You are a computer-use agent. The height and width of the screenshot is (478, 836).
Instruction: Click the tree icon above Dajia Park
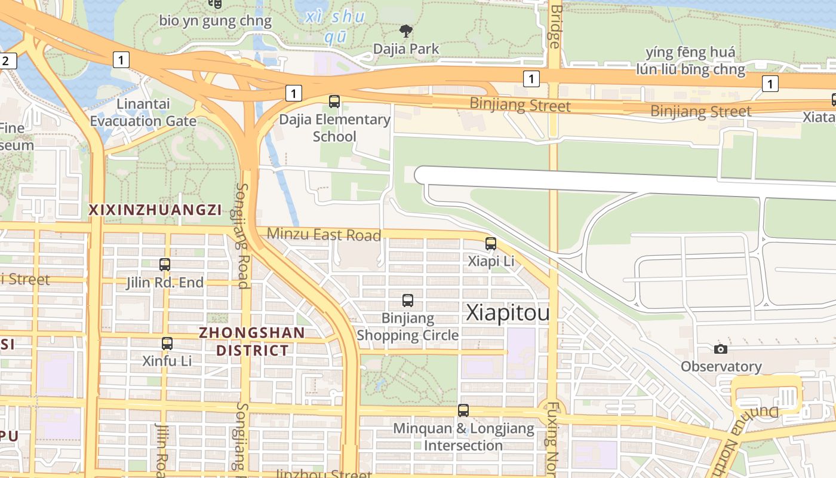tap(406, 30)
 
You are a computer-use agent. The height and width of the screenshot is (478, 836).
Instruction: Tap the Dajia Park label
tap(406, 49)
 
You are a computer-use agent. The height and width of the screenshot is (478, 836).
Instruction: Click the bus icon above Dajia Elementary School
tap(334, 102)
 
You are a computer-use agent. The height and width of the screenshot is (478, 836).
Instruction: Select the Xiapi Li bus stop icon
tap(491, 243)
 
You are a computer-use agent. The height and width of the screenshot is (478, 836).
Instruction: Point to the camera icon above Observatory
tap(721, 348)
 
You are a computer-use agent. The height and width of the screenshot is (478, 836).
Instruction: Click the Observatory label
tap(721, 366)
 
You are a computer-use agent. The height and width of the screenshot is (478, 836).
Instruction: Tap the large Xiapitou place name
tap(507, 313)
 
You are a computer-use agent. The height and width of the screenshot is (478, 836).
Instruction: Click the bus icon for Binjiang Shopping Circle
tap(408, 301)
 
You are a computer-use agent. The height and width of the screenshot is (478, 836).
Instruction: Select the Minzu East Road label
tap(324, 234)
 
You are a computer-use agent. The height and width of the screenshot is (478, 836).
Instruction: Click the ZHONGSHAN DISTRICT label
tap(252, 341)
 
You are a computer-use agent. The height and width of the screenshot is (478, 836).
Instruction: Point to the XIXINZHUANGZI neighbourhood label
tap(155, 210)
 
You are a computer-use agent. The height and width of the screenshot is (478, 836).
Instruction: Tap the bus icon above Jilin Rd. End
tap(165, 264)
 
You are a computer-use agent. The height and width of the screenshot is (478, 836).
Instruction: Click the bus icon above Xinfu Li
tap(167, 343)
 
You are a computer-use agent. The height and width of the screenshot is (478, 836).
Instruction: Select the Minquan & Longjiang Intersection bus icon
tap(463, 410)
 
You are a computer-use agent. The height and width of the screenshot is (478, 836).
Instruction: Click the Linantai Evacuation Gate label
tap(143, 112)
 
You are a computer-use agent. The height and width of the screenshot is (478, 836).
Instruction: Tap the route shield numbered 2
tap(7, 60)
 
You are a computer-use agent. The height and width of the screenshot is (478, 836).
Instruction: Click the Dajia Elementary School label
tap(334, 128)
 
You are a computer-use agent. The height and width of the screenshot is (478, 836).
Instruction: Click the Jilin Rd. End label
tap(165, 283)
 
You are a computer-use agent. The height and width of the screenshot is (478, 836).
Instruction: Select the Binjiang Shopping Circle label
tap(408, 327)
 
